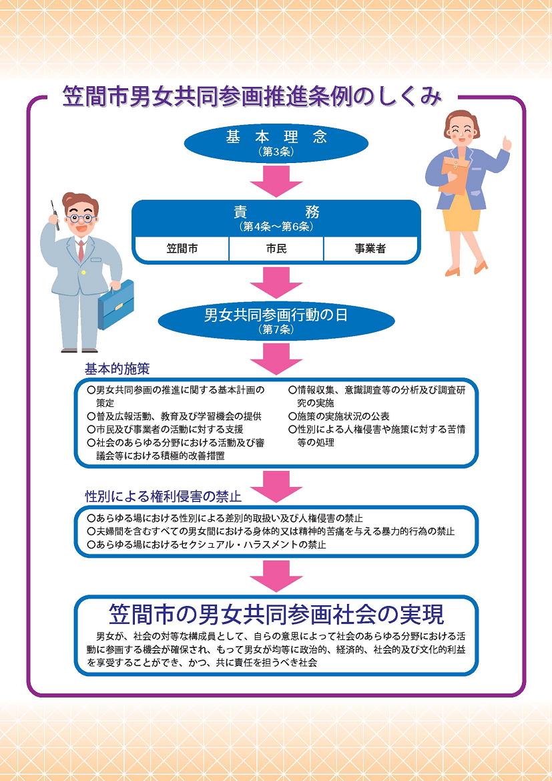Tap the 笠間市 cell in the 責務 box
tap(182, 249)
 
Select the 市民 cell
tap(276, 249)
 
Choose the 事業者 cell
tap(370, 249)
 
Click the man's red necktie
tap(81, 251)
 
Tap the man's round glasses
tap(79, 217)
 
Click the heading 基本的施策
tap(117, 369)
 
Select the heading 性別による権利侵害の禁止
tap(163, 497)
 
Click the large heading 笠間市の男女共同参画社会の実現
tap(276, 614)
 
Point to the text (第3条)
tap(276, 152)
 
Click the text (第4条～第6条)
tap(276, 226)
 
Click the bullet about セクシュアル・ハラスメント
tap(207, 545)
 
